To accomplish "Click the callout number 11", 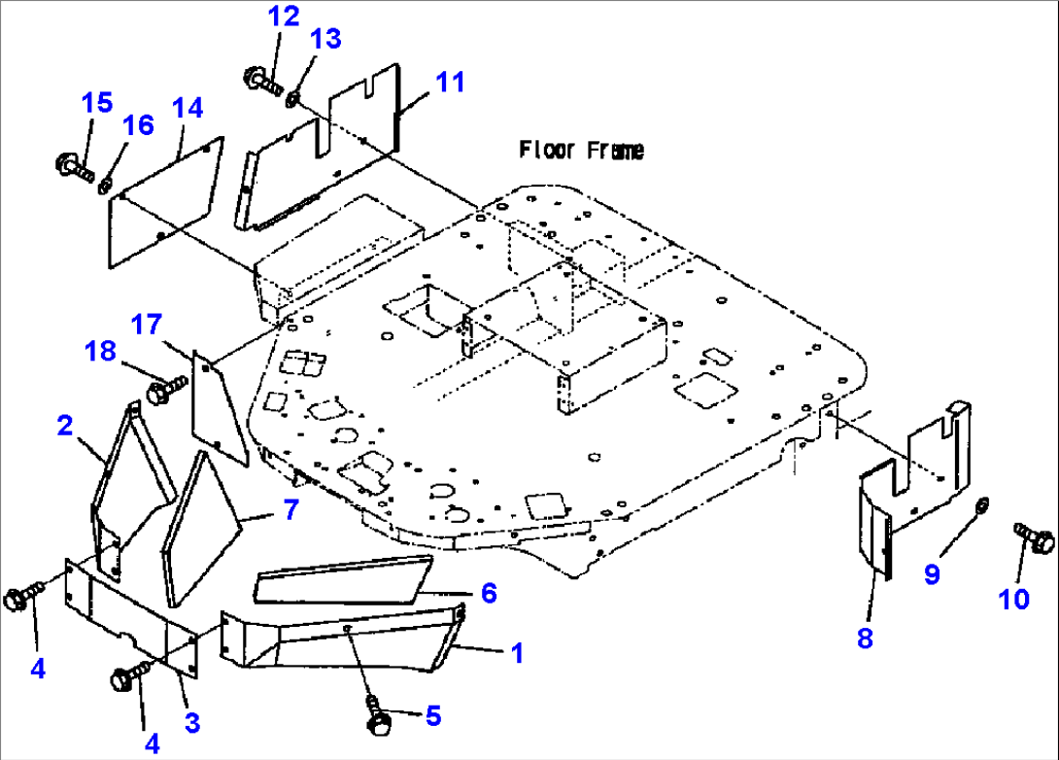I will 450,83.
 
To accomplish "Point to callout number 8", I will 866,639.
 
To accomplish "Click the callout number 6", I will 488,592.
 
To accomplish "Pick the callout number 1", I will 517,654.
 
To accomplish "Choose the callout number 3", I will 191,722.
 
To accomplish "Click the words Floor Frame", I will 581,150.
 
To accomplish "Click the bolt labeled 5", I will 379,717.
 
